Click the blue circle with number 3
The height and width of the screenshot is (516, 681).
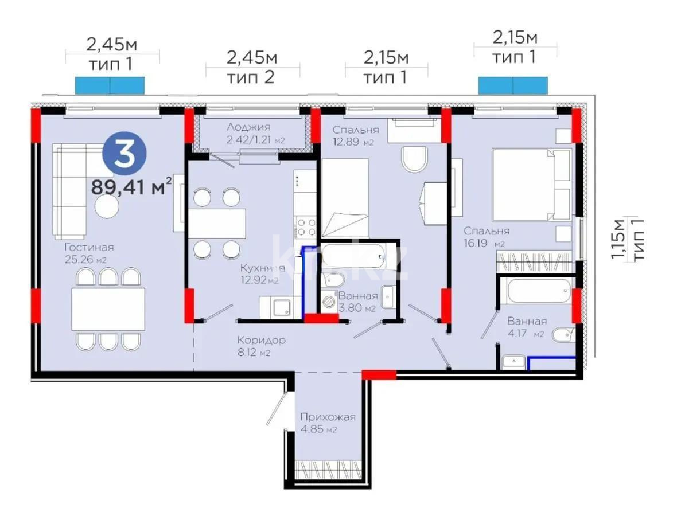pyautogui.click(x=124, y=155)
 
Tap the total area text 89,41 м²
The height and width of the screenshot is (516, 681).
pyautogui.click(x=131, y=186)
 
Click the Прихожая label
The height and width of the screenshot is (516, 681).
pyautogui.click(x=328, y=423)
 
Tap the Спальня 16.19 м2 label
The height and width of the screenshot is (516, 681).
pyautogui.click(x=487, y=237)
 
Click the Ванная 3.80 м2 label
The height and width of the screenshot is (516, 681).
pyautogui.click(x=358, y=302)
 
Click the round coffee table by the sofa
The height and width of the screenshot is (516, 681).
pyautogui.click(x=107, y=207)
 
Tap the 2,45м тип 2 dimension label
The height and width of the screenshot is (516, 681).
pyautogui.click(x=252, y=67)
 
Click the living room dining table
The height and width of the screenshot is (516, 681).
pyautogui.click(x=108, y=308)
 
